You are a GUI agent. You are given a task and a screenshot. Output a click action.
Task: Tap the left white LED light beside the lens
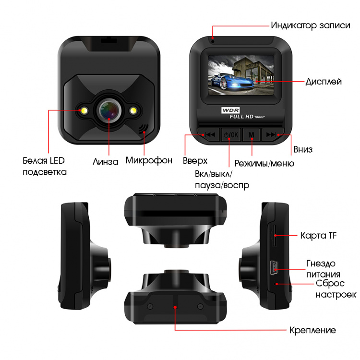tap(84, 110)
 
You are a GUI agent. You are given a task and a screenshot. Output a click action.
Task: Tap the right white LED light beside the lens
tap(133, 110)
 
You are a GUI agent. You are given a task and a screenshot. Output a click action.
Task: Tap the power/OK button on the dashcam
tap(231, 134)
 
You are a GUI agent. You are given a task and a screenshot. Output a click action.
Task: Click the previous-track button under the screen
tap(208, 134)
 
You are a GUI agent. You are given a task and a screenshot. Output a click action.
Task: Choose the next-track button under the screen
tap(273, 134)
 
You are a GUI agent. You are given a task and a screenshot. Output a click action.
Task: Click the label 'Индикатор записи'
tap(311, 25)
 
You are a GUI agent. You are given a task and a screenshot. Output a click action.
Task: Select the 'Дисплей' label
tap(324, 82)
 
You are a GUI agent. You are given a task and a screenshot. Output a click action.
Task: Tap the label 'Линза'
tap(106, 162)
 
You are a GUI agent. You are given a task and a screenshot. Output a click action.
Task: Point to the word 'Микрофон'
tap(149, 160)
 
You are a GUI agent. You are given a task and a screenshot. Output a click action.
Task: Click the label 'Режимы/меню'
tap(264, 163)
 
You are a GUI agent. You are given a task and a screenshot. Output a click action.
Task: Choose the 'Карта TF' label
tap(318, 235)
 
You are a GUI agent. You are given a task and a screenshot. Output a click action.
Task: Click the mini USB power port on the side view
tap(274, 268)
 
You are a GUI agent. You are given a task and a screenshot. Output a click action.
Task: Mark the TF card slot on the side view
tap(274, 236)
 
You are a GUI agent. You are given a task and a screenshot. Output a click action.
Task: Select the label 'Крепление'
tap(312, 330)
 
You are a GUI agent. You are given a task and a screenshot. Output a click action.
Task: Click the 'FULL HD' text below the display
tap(241, 117)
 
